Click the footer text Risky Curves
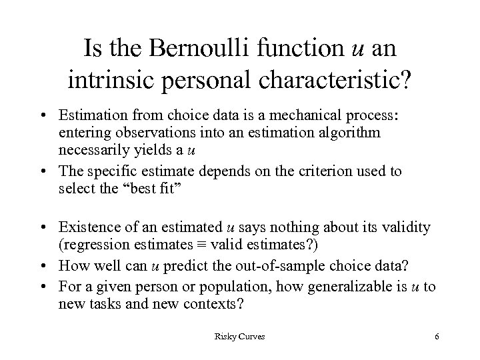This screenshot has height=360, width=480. (x=239, y=337)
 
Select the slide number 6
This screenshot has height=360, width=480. (x=436, y=337)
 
